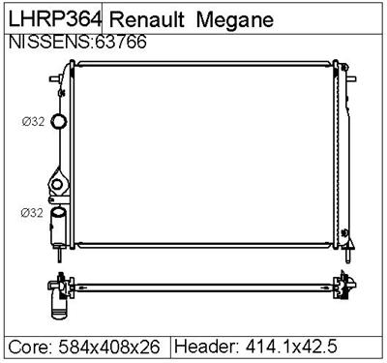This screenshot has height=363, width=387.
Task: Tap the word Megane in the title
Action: point(236,19)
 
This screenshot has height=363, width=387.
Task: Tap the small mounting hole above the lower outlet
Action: point(58,184)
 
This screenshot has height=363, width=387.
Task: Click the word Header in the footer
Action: point(205,347)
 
